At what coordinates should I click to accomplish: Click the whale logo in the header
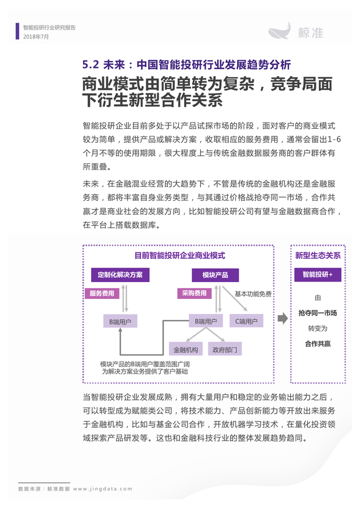point(279,31)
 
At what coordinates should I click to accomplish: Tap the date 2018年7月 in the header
point(36,37)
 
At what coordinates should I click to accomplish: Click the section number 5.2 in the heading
point(91,64)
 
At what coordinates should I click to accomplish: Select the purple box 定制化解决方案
point(120,275)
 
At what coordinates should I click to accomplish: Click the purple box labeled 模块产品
point(215,275)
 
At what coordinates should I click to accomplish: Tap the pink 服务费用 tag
point(102,294)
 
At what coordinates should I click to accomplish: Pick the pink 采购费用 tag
point(194,294)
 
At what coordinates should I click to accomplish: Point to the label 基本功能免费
point(253,294)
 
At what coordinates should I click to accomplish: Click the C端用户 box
point(246,322)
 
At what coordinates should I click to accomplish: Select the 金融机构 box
point(186,349)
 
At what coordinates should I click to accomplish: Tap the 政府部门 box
point(225,349)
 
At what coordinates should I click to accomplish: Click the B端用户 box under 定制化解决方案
point(120,322)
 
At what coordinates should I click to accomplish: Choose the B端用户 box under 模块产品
point(206,322)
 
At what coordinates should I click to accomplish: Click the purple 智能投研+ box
point(318,275)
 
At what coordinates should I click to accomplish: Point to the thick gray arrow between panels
point(283,319)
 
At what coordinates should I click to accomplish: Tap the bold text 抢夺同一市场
point(318,313)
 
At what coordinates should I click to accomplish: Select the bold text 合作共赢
point(318,344)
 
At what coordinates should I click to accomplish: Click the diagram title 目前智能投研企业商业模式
point(180,256)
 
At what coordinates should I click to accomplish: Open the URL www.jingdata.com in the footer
point(103,489)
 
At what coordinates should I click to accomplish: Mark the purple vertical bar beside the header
point(17,31)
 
